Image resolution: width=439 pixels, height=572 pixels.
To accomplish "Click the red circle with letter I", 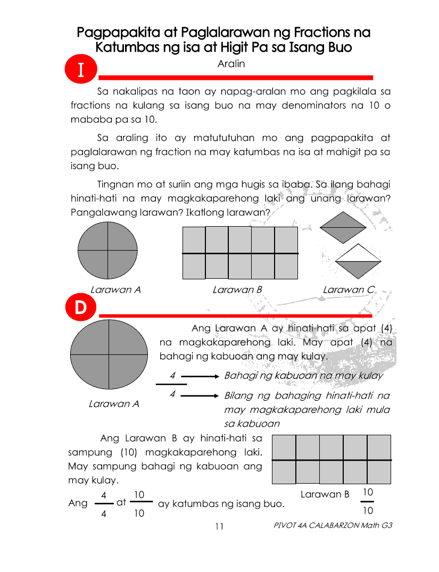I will click(x=81, y=70).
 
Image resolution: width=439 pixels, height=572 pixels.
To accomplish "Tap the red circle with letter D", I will click(x=80, y=309).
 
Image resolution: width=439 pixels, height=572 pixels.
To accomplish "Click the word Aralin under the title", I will click(x=231, y=64).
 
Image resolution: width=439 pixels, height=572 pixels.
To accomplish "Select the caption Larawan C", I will click(x=349, y=290).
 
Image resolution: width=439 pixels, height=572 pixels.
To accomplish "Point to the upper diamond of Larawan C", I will click(x=343, y=228).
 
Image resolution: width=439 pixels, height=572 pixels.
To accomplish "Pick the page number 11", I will click(x=219, y=527).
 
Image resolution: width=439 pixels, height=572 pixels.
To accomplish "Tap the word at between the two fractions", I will click(x=121, y=501).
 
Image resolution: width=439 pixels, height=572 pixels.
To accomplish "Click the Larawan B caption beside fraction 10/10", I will click(x=325, y=494).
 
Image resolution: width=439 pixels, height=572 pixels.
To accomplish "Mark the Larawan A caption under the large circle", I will click(x=114, y=404).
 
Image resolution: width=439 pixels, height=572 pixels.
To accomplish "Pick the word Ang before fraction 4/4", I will click(x=78, y=503).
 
